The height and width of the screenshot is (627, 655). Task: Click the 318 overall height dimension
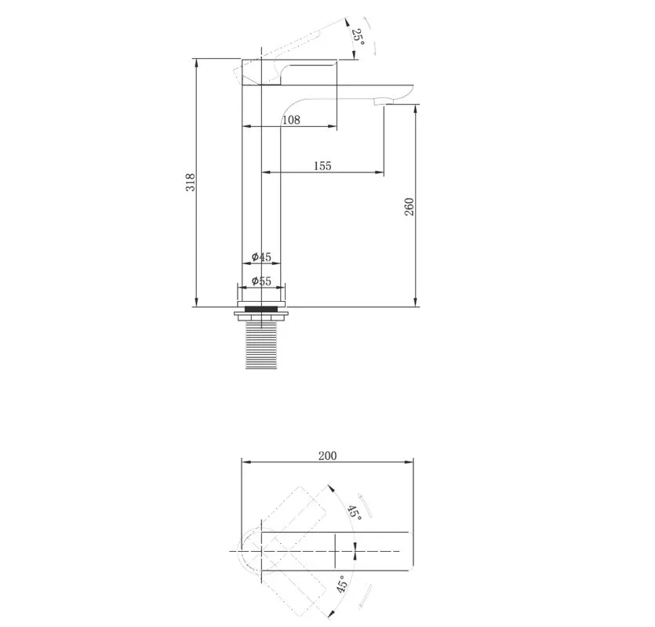click(191, 182)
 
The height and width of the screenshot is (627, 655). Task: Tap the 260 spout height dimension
click(409, 207)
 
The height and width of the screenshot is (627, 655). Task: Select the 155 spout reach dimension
click(322, 166)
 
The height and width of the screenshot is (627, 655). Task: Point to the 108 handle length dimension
click(291, 120)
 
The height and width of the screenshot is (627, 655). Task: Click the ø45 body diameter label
click(261, 257)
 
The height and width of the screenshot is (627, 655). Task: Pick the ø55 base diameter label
click(261, 281)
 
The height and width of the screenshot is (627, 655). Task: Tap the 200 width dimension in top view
click(328, 456)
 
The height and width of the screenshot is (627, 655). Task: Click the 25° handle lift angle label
click(358, 38)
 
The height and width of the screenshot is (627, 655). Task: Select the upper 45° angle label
click(355, 512)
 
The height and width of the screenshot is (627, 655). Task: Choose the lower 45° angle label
click(342, 585)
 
